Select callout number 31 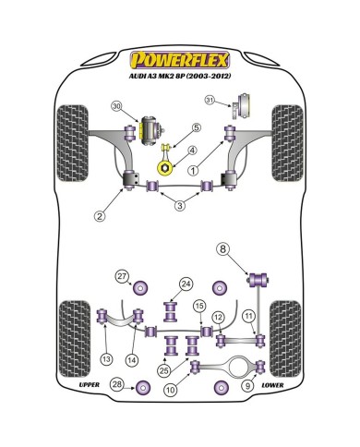tap(210, 101)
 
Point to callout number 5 tap(196, 127)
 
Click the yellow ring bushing tap(167, 167)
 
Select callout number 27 tap(121, 276)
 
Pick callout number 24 tap(186, 284)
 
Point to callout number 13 tap(108, 359)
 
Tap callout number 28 tap(116, 410)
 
